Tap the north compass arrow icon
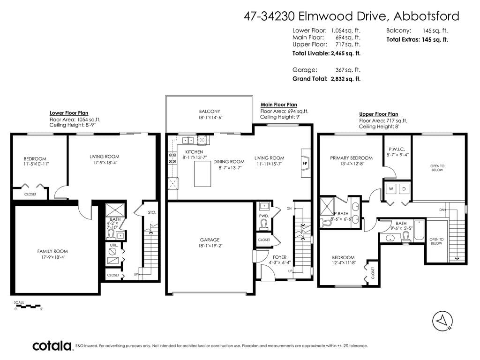442,322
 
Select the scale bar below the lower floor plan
27,306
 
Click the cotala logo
52,345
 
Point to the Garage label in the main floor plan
210,240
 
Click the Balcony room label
210,112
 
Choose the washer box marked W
391,189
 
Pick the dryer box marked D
404,189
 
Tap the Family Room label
52,251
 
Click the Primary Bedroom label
352,158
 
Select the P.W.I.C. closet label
397,150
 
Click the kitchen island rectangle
202,174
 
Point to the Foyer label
279,257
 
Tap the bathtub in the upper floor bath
419,230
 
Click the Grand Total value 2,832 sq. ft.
346,79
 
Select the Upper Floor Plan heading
379,114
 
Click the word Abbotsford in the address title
426,16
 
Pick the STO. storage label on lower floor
152,212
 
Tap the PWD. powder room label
264,216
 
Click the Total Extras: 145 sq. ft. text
417,39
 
